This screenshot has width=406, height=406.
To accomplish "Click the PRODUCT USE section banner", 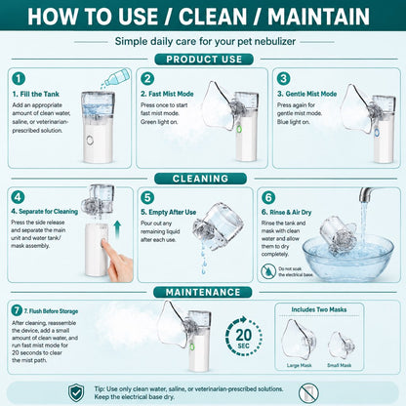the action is coord(204,60).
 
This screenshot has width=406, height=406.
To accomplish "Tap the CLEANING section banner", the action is coord(200,179).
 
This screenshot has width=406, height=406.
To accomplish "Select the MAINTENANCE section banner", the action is coord(203,292).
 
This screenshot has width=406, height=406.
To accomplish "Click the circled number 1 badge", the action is coord(19,78).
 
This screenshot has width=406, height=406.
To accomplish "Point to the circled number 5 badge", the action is coord(147,197).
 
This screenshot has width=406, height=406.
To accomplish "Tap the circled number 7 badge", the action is coord(17,310).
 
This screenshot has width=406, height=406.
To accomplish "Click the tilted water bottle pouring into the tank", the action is coord(115,78).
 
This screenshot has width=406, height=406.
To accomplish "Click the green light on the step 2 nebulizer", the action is coord(239,130).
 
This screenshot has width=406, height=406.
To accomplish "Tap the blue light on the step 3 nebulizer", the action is coord(377,133).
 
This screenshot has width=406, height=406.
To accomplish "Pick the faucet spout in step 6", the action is coord(367,194).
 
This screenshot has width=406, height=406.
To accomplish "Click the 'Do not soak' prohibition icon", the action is coord(268,271).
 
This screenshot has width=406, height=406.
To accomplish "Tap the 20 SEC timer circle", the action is coord(244,336).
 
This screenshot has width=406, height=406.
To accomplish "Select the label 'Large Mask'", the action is coord(299,365).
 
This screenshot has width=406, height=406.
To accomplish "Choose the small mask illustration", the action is coord(341,345).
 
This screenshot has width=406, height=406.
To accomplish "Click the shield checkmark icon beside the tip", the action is coord(76,392).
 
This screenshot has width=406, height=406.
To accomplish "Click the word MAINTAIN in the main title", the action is coord(318,17).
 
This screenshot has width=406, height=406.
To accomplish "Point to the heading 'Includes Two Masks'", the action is coord(319,309).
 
